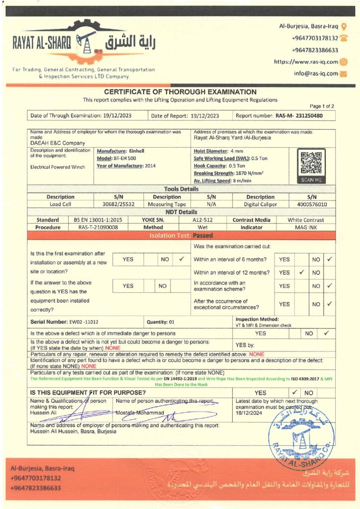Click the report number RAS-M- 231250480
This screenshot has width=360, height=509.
point(299,116)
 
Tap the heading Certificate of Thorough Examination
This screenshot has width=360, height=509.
point(180,92)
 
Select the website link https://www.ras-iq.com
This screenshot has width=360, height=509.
point(306,62)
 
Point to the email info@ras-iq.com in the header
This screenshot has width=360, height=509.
point(316,74)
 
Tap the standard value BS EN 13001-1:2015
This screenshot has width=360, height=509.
point(98,220)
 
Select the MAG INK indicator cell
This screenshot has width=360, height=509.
point(306,227)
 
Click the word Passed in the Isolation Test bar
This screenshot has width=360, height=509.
point(202,236)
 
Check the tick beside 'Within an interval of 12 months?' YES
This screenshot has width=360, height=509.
point(301,272)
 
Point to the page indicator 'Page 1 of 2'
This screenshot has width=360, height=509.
point(322,106)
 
